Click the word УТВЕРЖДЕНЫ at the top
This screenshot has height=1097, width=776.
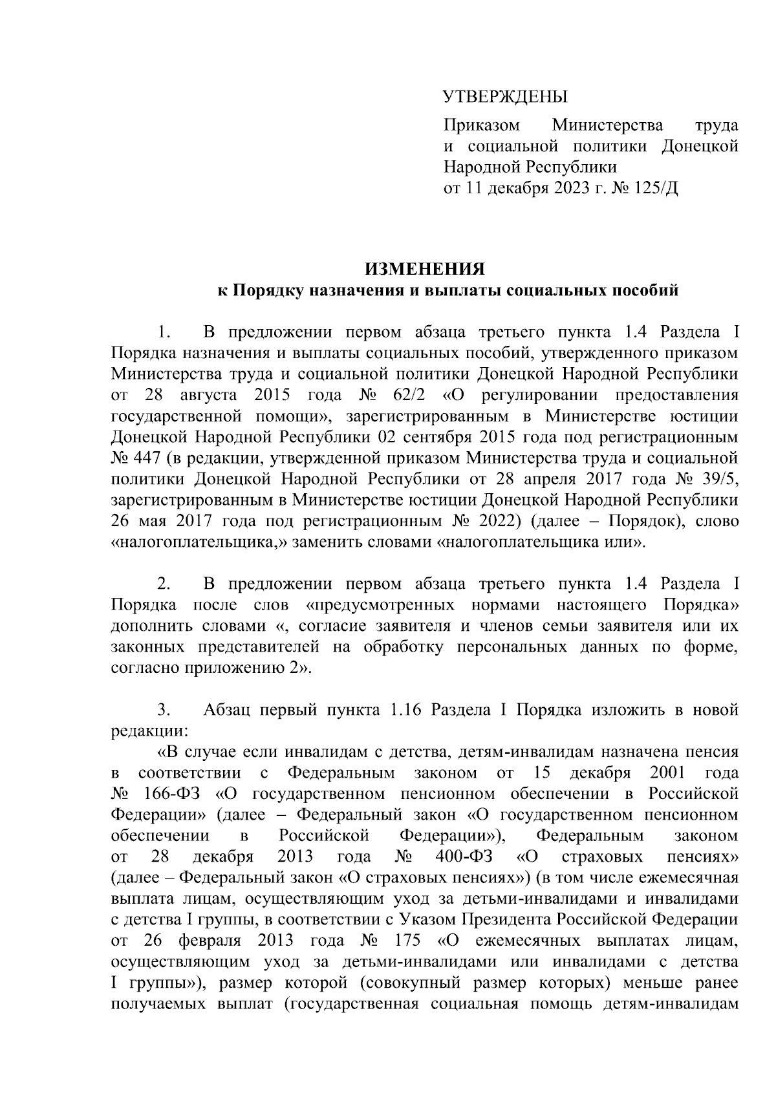click(504, 98)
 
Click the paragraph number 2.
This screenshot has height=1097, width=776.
click(164, 584)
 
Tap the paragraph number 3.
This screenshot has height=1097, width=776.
click(164, 710)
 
